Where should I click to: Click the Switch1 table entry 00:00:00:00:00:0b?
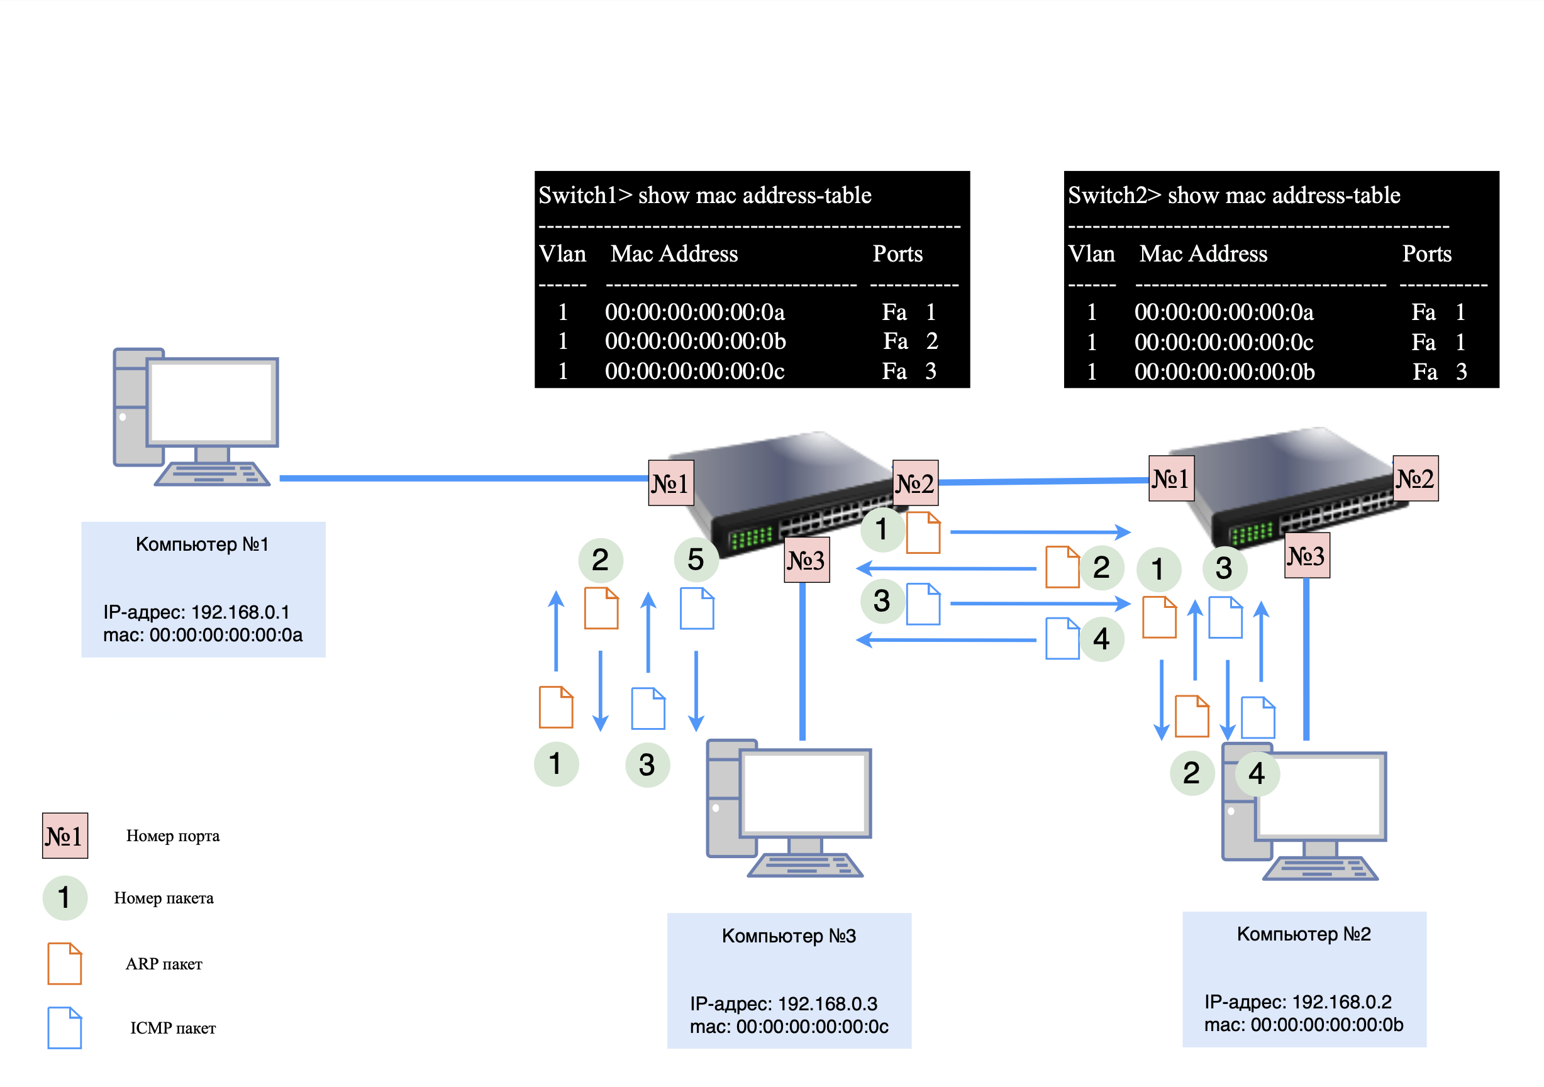(x=696, y=341)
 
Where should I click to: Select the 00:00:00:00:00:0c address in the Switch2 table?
(x=1224, y=342)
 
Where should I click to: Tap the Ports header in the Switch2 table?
(x=1426, y=254)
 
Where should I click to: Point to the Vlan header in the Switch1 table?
(x=562, y=254)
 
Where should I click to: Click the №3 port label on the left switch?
(x=806, y=560)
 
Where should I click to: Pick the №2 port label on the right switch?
(x=1415, y=478)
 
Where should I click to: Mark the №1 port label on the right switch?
(x=1171, y=478)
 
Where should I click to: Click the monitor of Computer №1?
(x=212, y=402)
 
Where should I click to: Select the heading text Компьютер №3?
(x=789, y=935)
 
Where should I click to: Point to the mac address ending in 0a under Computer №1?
(x=203, y=634)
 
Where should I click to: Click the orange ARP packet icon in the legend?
(x=65, y=963)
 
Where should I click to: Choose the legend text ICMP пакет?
(x=173, y=1028)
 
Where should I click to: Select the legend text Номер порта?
(x=173, y=836)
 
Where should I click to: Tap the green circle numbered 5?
(x=696, y=560)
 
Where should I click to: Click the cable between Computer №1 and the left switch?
(x=464, y=478)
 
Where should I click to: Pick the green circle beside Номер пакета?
(x=65, y=897)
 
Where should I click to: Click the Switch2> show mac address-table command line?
(x=1234, y=196)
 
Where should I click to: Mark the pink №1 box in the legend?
(x=65, y=836)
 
